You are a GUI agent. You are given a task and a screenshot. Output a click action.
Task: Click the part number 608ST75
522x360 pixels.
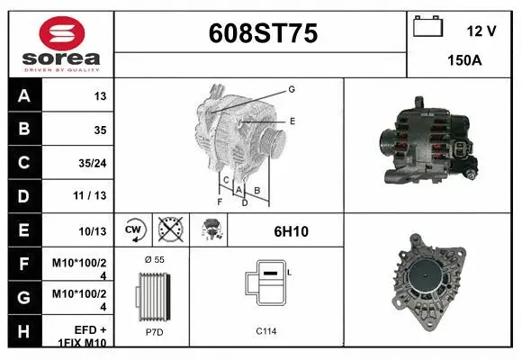click(263, 33)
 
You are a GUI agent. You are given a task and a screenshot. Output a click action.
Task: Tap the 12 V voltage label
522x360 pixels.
click(481, 31)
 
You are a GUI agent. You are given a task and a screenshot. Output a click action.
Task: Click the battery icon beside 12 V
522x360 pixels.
click(426, 27)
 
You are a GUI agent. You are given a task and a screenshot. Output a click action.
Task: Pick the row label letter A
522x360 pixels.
click(22, 96)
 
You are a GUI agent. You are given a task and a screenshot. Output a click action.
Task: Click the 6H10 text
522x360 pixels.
click(291, 231)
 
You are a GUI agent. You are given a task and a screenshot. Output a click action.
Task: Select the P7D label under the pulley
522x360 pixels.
click(154, 332)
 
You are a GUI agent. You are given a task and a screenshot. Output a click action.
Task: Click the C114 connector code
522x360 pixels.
click(265, 331)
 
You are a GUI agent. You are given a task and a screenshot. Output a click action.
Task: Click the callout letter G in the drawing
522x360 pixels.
click(292, 89)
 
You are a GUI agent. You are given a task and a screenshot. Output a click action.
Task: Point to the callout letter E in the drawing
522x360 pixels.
click(292, 120)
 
